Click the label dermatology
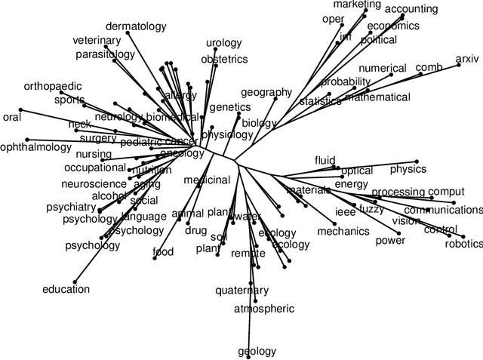click(x=136, y=26)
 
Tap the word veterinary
click(x=97, y=41)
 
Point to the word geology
click(x=257, y=351)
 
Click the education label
click(x=66, y=289)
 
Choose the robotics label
click(x=463, y=243)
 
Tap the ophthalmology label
click(x=35, y=147)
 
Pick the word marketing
click(x=357, y=5)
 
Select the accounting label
click(x=411, y=9)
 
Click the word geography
click(x=266, y=92)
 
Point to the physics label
click(x=408, y=169)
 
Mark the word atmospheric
click(x=263, y=309)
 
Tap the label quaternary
click(x=241, y=291)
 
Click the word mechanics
click(x=343, y=232)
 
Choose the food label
click(x=163, y=252)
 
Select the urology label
click(x=223, y=43)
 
